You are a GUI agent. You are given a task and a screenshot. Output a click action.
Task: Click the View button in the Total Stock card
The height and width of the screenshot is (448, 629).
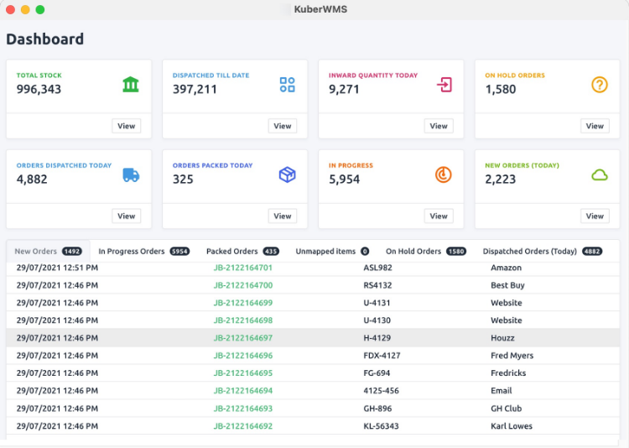126,126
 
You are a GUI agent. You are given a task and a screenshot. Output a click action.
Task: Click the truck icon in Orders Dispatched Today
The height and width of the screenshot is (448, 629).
131,175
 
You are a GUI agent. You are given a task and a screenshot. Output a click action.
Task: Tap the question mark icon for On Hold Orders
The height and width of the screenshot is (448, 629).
599,85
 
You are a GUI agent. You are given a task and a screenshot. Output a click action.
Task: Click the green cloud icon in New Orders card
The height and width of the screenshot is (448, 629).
599,175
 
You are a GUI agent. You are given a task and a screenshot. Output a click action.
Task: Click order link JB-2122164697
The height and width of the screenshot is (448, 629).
242,338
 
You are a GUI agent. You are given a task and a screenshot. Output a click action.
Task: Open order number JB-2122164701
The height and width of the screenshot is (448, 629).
242,268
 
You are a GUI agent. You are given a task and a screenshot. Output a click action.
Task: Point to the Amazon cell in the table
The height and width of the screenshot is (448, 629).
506,268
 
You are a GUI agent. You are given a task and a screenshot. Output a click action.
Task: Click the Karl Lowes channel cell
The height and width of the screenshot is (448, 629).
512,426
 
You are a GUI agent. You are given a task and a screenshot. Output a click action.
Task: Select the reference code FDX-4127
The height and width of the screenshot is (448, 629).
382,356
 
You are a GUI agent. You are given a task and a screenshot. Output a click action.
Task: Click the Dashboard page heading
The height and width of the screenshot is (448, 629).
45,39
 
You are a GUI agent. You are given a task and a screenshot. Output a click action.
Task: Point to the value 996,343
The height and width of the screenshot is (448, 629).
39,89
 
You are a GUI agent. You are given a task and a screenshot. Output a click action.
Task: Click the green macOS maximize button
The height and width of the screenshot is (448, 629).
40,9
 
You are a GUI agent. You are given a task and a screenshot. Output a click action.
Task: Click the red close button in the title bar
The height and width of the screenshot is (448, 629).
10,9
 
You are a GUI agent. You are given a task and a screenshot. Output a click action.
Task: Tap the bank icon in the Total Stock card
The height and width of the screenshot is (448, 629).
131,85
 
